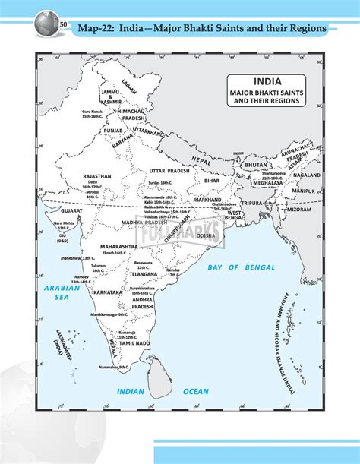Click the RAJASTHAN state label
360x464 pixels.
[x=97, y=176]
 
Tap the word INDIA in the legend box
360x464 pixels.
[x=270, y=80]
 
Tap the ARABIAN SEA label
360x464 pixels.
[x=57, y=293]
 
